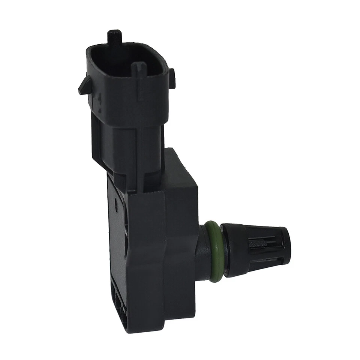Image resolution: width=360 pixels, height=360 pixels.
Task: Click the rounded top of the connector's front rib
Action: tap(138, 67)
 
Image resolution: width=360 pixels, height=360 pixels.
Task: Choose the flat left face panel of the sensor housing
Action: tap(118, 244)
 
